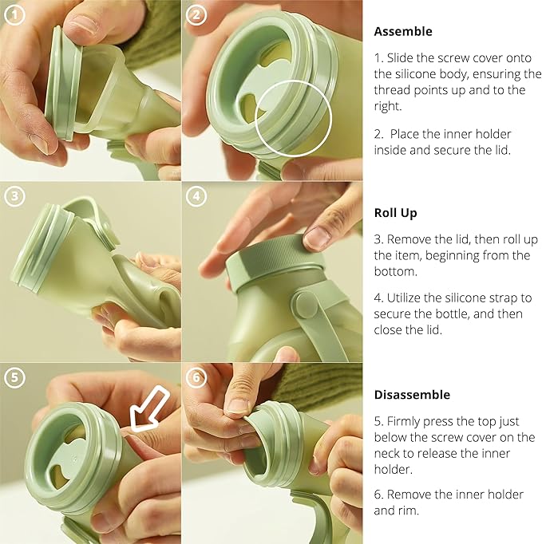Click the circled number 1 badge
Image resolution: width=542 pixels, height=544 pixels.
point(14,14)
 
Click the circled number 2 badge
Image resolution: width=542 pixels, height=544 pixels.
point(196,14)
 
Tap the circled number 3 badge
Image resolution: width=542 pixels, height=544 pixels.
point(14,196)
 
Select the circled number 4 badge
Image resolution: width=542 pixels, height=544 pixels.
point(196,196)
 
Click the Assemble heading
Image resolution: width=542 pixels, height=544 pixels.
point(403,31)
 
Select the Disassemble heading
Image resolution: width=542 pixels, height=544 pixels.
point(412,395)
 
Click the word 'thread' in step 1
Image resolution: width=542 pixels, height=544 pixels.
point(393,90)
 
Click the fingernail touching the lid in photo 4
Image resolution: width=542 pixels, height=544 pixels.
point(318,237)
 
